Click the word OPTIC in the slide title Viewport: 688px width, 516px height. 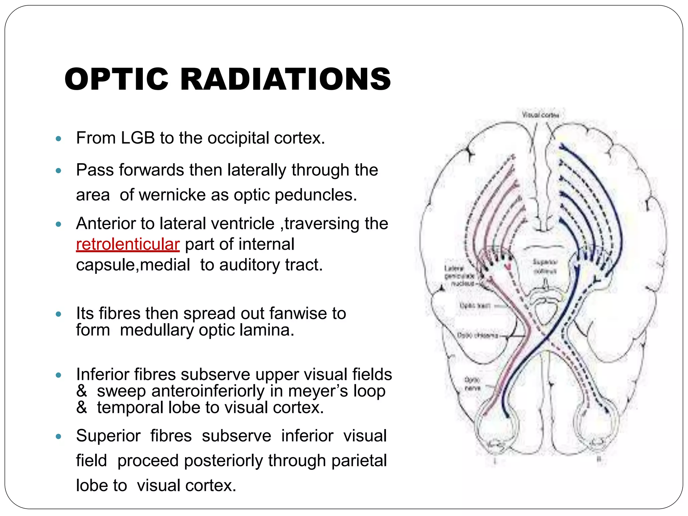[116, 79]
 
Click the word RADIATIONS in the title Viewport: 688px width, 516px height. [286, 79]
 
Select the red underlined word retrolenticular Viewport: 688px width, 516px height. [128, 244]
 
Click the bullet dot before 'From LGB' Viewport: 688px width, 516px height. [58, 138]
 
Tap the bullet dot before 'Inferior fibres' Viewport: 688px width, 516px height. [58, 375]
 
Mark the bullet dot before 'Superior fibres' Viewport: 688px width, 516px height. [58, 436]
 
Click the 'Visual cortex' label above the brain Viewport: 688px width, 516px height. [540, 115]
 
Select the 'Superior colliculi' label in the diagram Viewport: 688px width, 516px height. [545, 266]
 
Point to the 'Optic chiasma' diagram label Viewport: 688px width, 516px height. [477, 335]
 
